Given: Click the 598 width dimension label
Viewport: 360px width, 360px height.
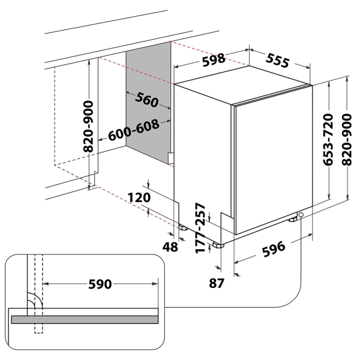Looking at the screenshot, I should coord(214,59).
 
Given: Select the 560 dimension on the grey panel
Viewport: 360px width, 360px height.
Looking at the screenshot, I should coord(146,100).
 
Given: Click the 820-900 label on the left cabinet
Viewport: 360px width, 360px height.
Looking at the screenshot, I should coord(88,125).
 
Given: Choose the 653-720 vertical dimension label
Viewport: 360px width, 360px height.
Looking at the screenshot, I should coord(328,140).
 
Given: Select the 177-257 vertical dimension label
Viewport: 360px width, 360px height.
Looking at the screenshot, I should coord(202,229).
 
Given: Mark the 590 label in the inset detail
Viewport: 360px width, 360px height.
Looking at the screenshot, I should coord(100,284).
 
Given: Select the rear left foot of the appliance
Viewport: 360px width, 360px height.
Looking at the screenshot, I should coord(181,229).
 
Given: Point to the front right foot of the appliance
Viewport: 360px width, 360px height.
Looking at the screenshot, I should coord(293,220).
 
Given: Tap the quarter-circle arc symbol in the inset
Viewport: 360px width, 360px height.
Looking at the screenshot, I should coord(34,301).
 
